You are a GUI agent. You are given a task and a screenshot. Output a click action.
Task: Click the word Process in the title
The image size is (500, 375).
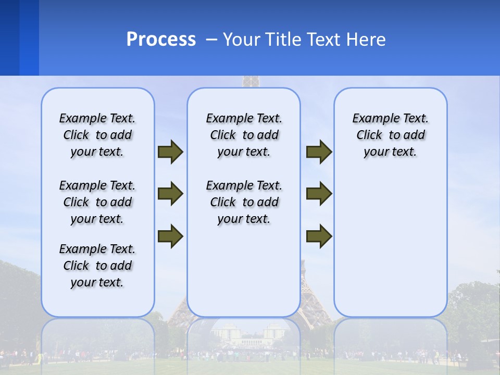(x=161, y=39)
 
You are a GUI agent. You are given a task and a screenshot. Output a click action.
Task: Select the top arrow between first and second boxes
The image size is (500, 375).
(x=170, y=152)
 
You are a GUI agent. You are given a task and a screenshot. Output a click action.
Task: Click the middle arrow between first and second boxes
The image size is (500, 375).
(x=170, y=194)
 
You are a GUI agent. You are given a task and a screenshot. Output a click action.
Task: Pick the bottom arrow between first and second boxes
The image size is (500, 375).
(x=170, y=236)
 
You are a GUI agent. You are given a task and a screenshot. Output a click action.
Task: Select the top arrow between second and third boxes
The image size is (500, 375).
(x=319, y=152)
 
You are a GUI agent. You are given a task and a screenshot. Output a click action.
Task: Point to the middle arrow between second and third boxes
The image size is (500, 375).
(x=319, y=194)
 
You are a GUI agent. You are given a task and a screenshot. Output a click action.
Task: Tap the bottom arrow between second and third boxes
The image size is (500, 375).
(x=319, y=236)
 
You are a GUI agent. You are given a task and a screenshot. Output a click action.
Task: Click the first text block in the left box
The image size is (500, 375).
(x=97, y=135)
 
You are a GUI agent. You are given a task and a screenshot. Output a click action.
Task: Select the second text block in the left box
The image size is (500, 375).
(x=97, y=202)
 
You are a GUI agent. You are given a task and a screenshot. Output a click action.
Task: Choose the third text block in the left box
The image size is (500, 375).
(x=97, y=266)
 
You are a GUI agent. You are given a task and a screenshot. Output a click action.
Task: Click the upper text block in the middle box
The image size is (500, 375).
(x=244, y=135)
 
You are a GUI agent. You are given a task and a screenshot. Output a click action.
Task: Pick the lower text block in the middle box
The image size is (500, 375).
(x=244, y=202)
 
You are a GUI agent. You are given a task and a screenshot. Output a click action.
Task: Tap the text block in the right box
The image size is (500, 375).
(x=390, y=135)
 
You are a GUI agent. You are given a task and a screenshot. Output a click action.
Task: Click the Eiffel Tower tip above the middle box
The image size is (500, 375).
(x=251, y=81)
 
